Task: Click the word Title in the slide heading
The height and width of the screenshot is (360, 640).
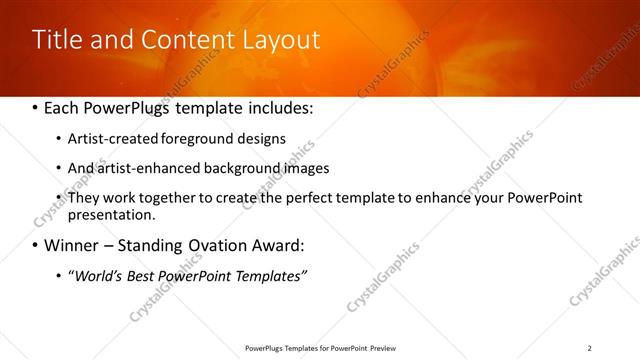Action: coord(56,40)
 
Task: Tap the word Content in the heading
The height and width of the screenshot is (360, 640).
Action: coord(181,40)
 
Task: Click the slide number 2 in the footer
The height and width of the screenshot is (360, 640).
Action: coord(589,348)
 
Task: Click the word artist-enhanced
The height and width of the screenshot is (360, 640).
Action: coord(142,168)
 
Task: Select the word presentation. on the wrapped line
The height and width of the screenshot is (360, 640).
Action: coord(112,214)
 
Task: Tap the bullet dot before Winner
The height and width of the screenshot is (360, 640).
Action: coord(36,245)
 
